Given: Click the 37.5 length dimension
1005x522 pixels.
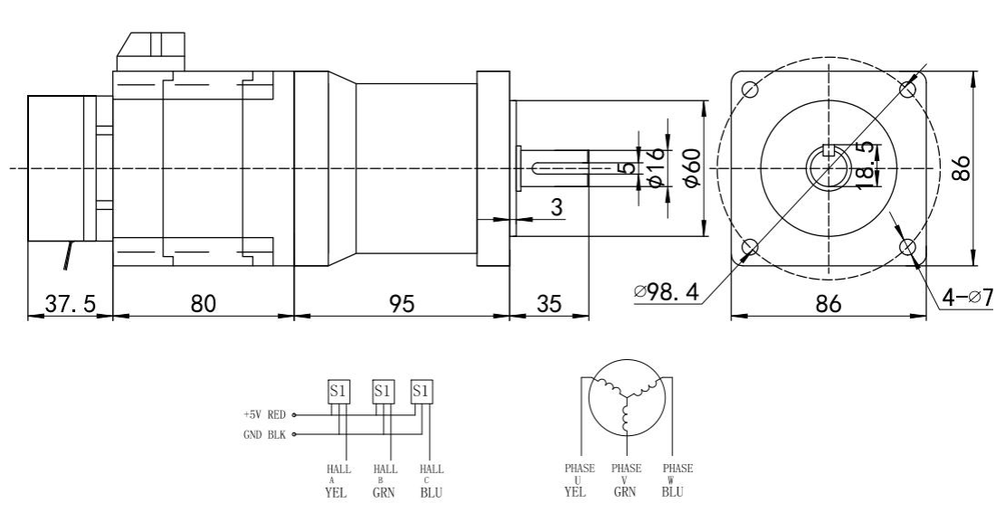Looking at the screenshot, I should pyautogui.click(x=69, y=305).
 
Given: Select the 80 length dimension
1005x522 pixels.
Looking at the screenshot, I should pyautogui.click(x=204, y=305).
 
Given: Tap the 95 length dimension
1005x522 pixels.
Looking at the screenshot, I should pyautogui.click(x=401, y=305).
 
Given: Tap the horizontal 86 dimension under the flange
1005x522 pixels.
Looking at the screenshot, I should pyautogui.click(x=829, y=305).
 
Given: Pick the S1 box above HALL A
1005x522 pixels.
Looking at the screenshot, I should pyautogui.click(x=337, y=391).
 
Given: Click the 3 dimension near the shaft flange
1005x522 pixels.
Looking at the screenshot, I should pyautogui.click(x=557, y=207).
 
